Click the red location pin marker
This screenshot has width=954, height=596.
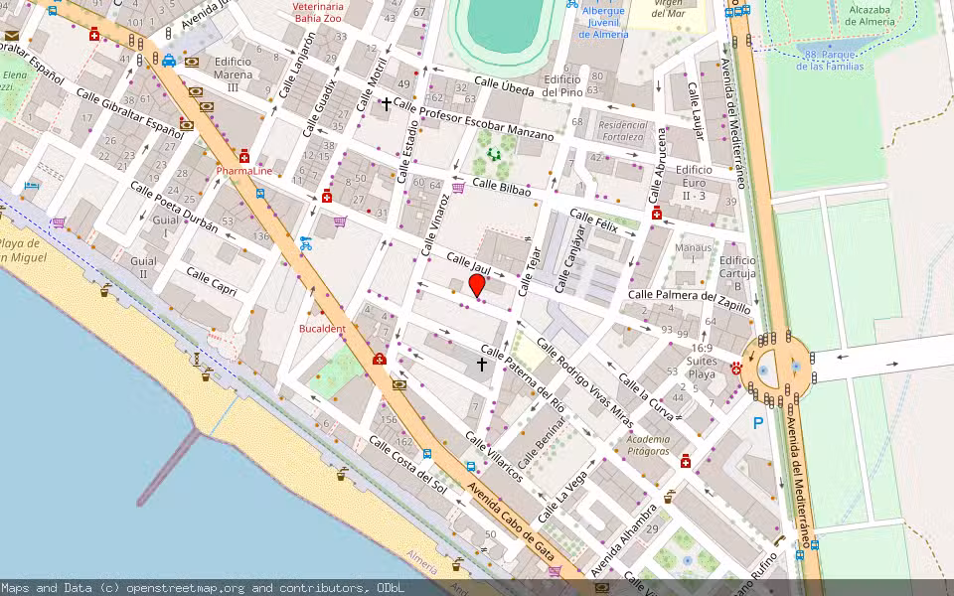(477, 285)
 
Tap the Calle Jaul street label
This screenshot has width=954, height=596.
(468, 265)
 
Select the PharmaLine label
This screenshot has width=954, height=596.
(244, 171)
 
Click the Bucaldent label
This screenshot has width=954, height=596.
(322, 329)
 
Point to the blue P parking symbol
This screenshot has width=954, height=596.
(758, 423)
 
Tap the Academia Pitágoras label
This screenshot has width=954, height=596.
(648, 445)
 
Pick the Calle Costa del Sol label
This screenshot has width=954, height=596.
(407, 463)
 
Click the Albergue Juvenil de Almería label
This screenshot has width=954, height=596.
(603, 22)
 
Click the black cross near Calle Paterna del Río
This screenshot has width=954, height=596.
(482, 365)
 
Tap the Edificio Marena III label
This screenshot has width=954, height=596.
(233, 74)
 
